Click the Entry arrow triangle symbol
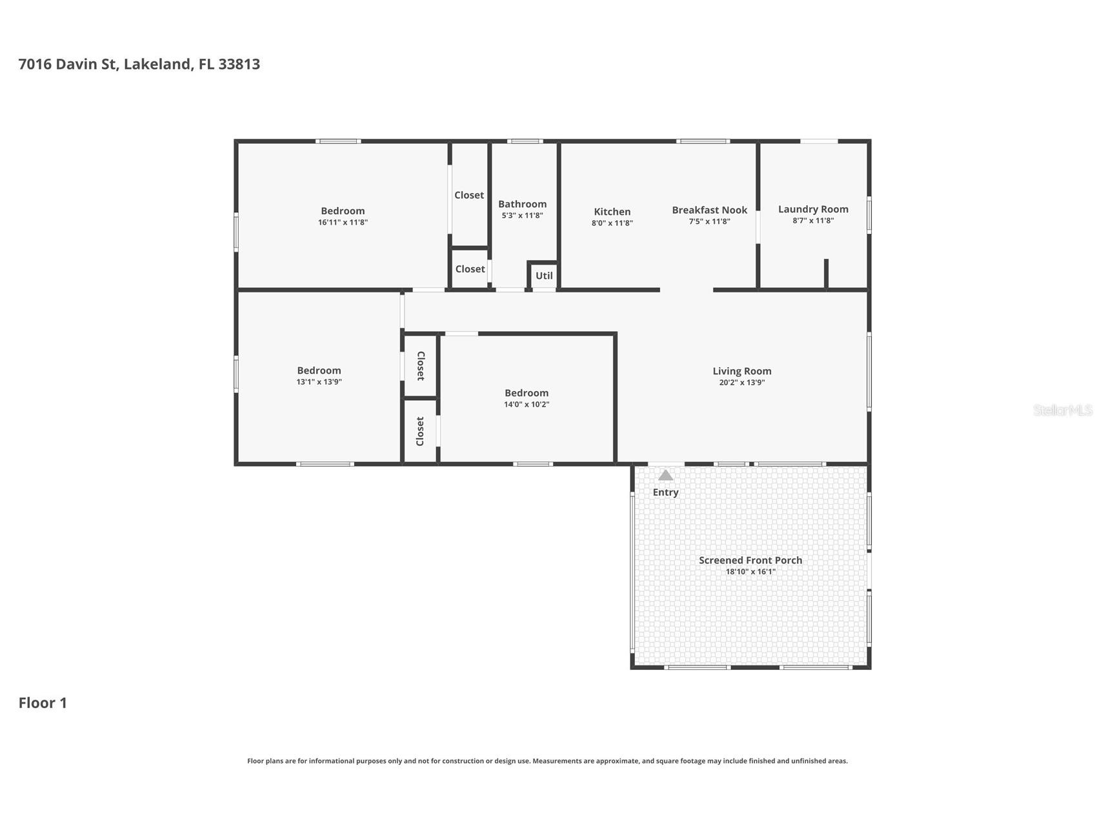[x=665, y=476]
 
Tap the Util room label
[x=544, y=276]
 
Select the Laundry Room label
[x=813, y=209]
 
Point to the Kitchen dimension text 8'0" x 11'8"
[x=612, y=223]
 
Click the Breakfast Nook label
[x=709, y=210]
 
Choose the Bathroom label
[x=522, y=204]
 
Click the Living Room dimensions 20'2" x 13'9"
[x=742, y=382]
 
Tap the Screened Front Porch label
[x=750, y=560]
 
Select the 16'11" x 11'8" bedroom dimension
[x=343, y=222]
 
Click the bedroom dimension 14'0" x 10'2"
[x=527, y=405]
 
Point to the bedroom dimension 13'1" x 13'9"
[x=319, y=382]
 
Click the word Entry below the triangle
[x=665, y=492]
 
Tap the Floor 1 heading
[x=43, y=703]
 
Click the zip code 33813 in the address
[x=239, y=64]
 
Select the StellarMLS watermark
[x=1062, y=410]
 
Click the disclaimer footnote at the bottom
[x=547, y=761]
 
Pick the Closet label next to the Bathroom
[x=469, y=195]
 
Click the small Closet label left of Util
[x=470, y=269]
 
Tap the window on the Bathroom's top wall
[x=525, y=141]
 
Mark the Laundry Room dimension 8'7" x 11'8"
[x=813, y=221]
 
